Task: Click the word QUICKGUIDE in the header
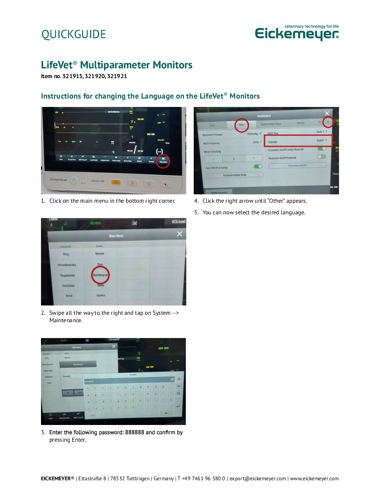click(x=74, y=34)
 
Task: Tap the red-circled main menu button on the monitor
click(x=163, y=161)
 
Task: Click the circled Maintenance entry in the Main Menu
click(x=100, y=275)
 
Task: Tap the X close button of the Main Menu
click(x=180, y=234)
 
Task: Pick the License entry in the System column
click(x=101, y=295)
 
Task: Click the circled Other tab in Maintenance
click(x=241, y=125)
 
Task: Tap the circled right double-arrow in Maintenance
click(x=328, y=122)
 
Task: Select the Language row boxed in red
click(x=298, y=140)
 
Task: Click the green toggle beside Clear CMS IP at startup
click(x=258, y=166)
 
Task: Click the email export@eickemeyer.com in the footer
click(x=258, y=478)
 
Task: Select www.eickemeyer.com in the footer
click(x=314, y=478)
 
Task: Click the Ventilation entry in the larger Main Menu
click(x=68, y=285)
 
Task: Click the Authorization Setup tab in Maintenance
click(x=271, y=124)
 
